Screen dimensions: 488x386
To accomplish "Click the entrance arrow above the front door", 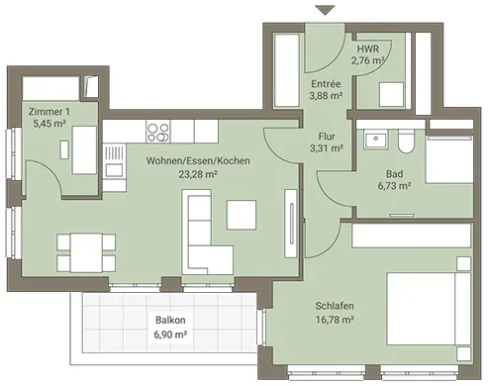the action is (325, 10).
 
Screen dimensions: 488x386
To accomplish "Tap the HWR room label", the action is (368, 48).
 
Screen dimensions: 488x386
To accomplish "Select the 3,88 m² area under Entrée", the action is (326, 96).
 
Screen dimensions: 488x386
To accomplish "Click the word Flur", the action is (327, 137).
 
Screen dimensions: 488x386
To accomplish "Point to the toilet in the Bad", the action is (406, 142).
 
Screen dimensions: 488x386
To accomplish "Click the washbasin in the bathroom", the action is (376, 140).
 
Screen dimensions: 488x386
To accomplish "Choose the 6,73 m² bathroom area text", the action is (394, 186).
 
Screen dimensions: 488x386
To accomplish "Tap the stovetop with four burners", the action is (158, 132).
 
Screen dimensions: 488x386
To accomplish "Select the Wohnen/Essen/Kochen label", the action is (198, 160).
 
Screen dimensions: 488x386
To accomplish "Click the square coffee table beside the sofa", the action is (242, 215).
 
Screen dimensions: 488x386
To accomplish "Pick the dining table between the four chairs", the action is (86, 252).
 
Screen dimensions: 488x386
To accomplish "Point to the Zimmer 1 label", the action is (49, 112).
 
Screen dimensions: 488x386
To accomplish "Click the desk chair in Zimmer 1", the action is (64, 149).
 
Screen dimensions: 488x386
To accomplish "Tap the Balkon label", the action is (170, 320).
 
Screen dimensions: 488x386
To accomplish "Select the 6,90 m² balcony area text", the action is (170, 335).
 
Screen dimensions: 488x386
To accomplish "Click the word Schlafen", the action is (335, 306).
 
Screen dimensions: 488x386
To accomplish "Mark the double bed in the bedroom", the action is (429, 309).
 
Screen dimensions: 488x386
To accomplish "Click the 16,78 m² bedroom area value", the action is (335, 320).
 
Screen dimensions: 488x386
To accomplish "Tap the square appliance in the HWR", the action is (391, 94).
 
